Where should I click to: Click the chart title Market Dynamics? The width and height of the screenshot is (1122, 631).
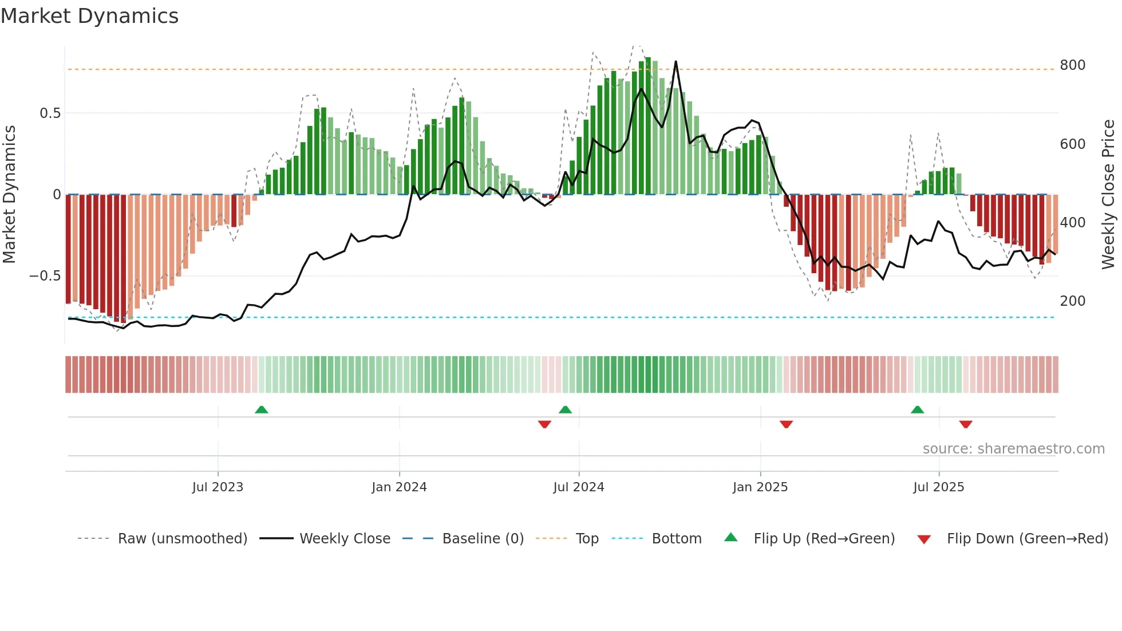(89, 16)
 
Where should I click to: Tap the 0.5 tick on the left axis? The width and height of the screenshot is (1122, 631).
(50, 113)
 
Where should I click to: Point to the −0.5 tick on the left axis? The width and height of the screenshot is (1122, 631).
(45, 276)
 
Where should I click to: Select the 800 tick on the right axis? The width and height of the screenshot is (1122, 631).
(1072, 65)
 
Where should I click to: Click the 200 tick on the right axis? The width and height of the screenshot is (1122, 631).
(1072, 301)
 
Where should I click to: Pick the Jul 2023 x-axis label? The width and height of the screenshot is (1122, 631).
(218, 487)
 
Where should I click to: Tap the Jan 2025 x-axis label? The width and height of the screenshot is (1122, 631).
(760, 487)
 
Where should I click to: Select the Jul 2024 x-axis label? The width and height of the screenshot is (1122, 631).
(578, 487)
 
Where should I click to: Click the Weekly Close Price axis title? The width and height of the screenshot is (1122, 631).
(1108, 195)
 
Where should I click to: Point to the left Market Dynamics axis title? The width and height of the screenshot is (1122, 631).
(9, 195)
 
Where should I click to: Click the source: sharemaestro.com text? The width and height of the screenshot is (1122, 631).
(1013, 449)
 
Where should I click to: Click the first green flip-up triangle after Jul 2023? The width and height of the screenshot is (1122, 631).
(261, 409)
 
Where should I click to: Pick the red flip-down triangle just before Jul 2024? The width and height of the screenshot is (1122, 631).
(544, 424)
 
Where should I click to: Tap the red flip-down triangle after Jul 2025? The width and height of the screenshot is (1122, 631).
(966, 424)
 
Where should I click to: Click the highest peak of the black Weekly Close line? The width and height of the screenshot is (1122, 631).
(676, 62)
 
